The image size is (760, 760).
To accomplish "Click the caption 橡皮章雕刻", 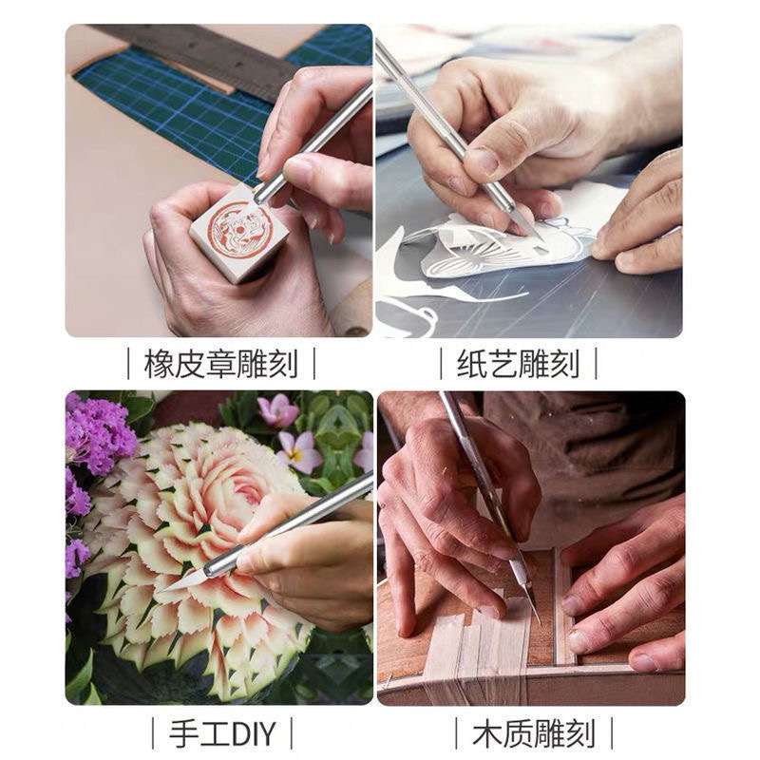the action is pos(221,364).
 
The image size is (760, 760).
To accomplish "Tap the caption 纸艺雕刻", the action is pos(518,364).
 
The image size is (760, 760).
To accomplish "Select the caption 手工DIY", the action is pos(222,733).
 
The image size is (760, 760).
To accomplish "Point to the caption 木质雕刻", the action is pos(534,733).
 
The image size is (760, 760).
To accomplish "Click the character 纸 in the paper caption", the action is pos(471,364).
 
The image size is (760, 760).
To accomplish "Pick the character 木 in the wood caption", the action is pos(486,733).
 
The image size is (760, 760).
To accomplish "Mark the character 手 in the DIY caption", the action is pos(183,733).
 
